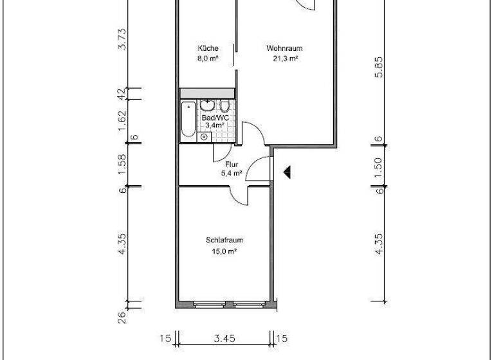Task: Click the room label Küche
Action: [x=208, y=48]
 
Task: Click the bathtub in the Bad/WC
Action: [x=188, y=119]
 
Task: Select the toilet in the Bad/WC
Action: [x=224, y=107]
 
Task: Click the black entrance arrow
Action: [x=288, y=172]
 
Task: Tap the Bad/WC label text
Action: [x=215, y=118]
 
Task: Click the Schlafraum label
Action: [x=224, y=240]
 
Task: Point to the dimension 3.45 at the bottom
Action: [x=224, y=337]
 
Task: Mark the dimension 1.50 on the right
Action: [x=380, y=165]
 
